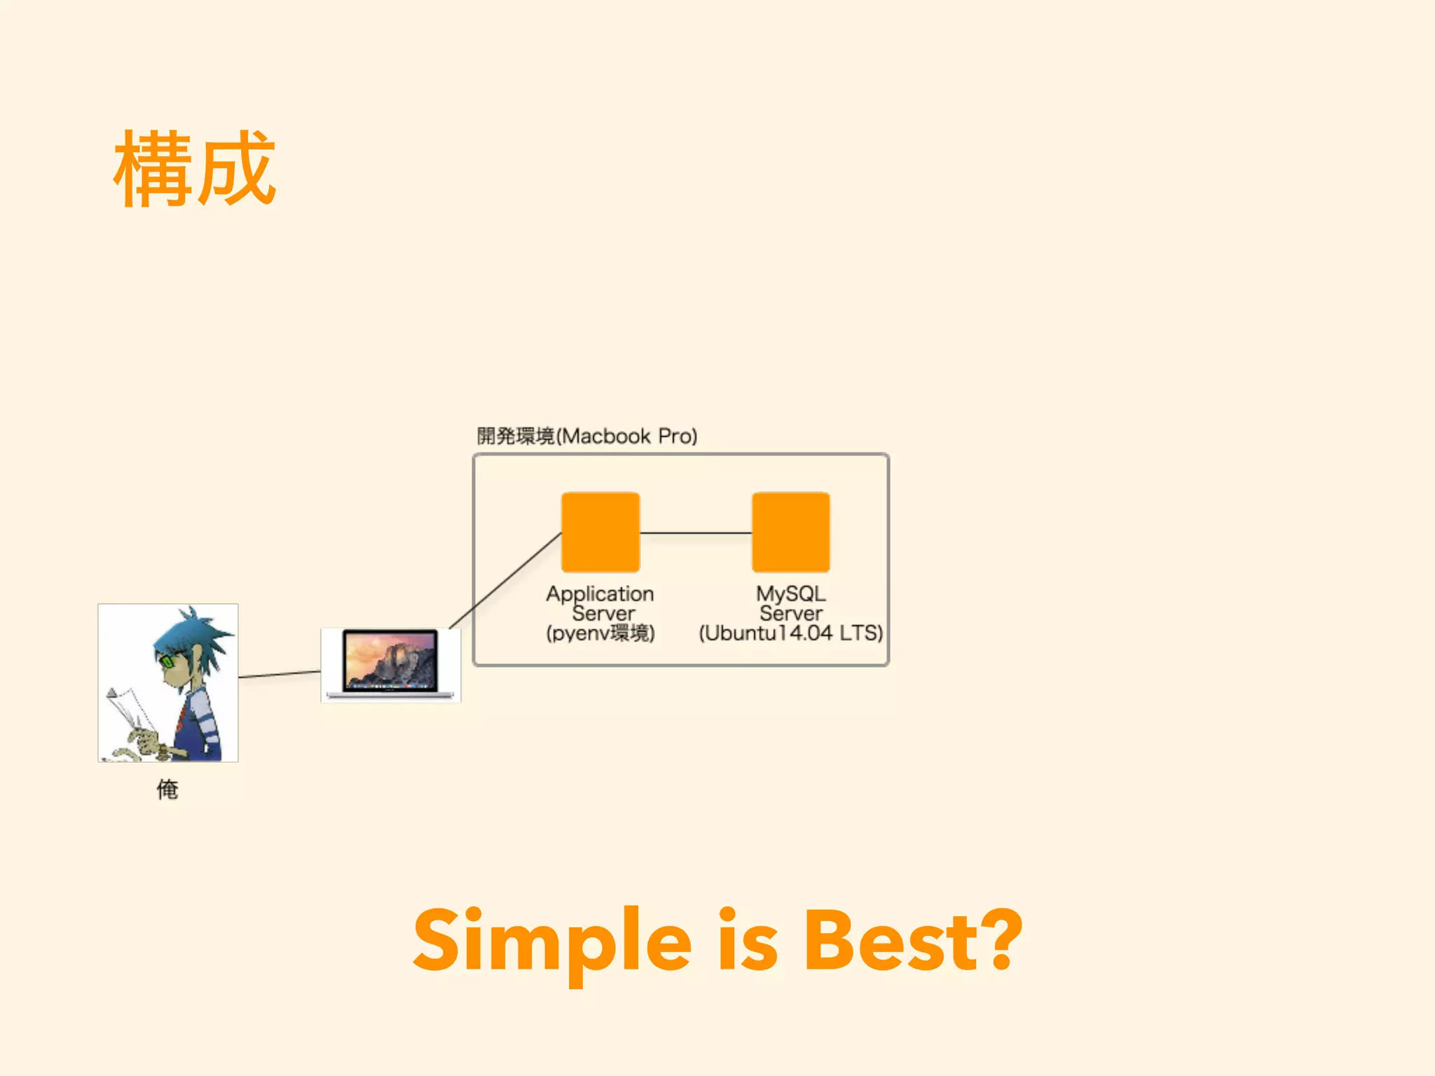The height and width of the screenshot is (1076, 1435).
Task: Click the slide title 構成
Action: (195, 169)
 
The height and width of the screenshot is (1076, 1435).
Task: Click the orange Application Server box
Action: (600, 532)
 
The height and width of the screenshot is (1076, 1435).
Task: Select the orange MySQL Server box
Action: (790, 532)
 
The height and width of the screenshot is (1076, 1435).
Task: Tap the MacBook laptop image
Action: (390, 665)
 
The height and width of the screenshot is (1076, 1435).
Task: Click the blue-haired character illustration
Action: (168, 682)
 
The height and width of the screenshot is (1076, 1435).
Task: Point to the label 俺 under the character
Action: (167, 789)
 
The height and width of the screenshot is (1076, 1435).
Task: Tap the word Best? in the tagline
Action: (913, 940)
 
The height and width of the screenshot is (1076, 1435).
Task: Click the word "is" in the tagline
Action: (748, 940)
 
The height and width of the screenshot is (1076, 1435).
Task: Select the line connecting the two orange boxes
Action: (696, 533)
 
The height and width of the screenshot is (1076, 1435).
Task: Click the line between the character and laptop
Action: (280, 674)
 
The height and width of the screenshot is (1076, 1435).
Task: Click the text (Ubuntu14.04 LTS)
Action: (790, 633)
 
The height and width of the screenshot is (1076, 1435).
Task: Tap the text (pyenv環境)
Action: (600, 633)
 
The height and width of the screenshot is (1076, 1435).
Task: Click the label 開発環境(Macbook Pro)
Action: (587, 436)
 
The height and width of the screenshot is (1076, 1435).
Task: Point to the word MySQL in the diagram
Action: (790, 593)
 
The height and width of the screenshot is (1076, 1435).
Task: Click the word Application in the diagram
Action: (600, 593)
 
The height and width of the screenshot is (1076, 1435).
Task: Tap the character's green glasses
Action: (168, 661)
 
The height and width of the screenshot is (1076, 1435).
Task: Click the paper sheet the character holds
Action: (126, 708)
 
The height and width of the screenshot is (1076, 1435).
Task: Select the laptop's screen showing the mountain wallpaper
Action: (390, 659)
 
